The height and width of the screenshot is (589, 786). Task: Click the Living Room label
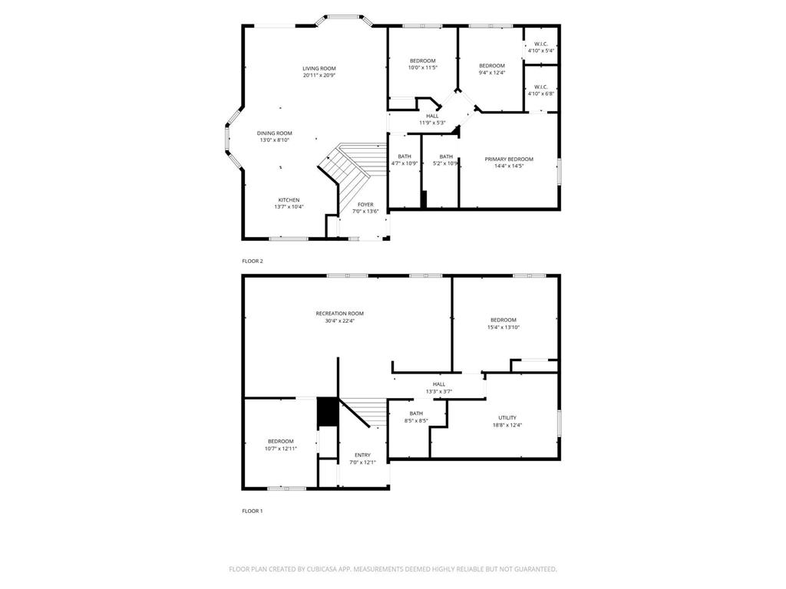pyautogui.click(x=319, y=69)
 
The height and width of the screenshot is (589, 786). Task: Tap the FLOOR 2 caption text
pyautogui.click(x=253, y=261)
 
